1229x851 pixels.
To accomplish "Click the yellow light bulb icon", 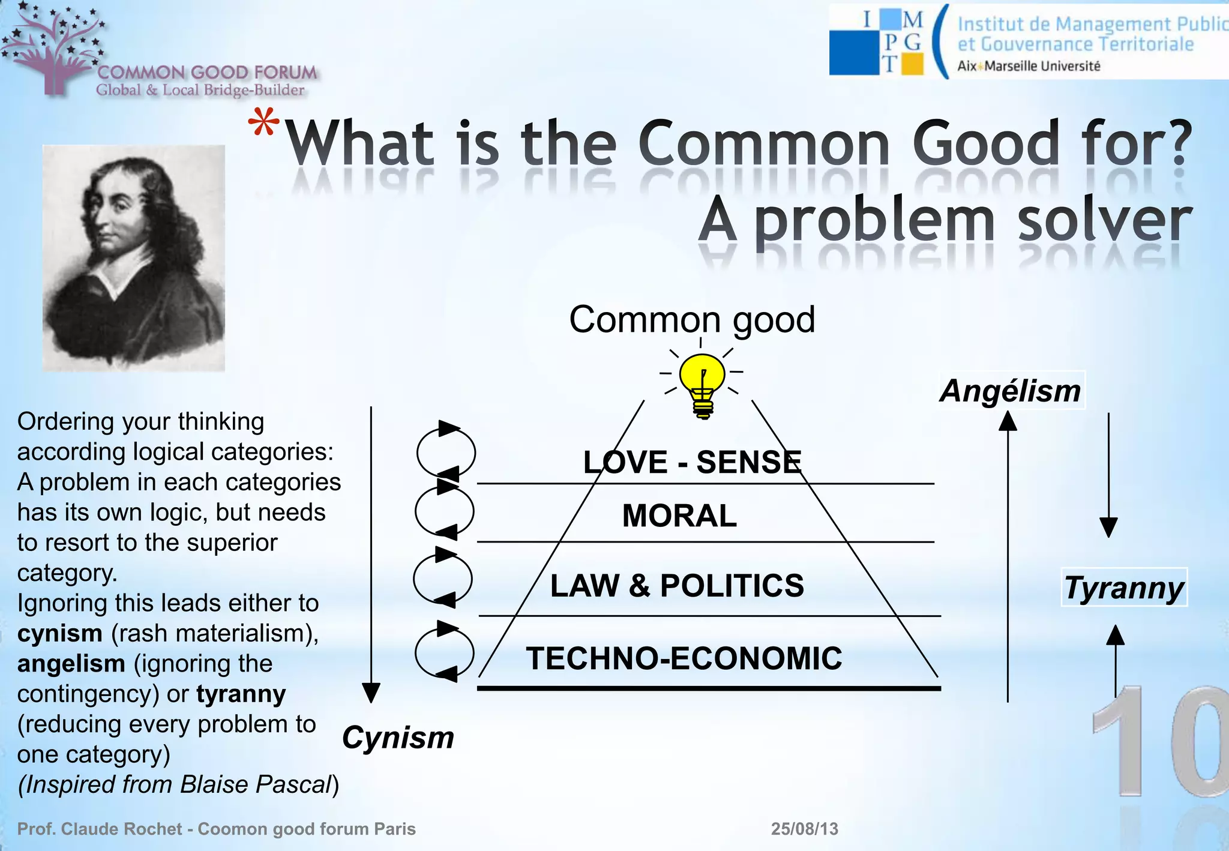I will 702,384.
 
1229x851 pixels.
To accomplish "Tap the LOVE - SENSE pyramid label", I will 692,462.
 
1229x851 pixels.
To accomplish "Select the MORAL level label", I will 679,516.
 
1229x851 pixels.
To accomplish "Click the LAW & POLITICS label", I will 677,586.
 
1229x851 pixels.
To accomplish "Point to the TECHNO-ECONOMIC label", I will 684,658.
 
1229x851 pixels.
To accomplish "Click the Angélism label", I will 1011,391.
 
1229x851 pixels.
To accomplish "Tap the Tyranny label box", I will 1124,588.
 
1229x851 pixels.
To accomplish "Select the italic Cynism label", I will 398,738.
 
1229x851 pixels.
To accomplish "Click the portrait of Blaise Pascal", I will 133,257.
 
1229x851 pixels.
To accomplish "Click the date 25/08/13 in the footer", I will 804,829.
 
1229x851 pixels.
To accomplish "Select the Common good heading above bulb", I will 692,319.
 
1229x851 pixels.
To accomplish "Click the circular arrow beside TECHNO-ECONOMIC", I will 445,652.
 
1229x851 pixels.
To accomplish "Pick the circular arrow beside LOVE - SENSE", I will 446,453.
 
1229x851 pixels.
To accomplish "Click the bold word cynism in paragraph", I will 59,634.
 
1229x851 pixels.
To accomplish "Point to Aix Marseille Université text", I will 1028,66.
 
